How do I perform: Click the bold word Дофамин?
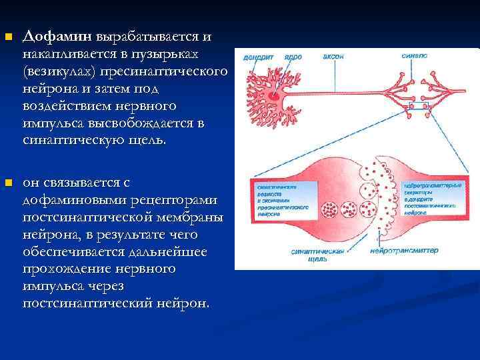point(57,35)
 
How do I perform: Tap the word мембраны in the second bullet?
point(191,217)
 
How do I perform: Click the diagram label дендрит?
point(256,58)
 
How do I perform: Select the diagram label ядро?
point(292,58)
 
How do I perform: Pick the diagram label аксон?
point(333,56)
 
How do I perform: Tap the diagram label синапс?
point(415,56)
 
